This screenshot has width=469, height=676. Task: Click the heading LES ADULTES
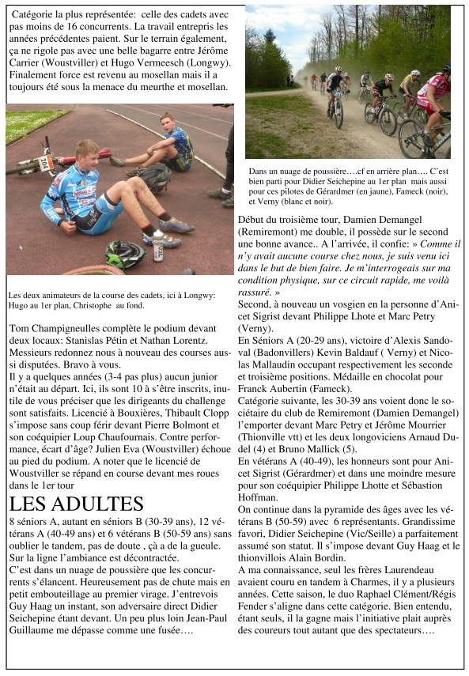(x=76, y=504)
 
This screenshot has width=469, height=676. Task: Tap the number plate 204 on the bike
(x=47, y=163)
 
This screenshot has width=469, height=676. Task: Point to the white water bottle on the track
(x=158, y=245)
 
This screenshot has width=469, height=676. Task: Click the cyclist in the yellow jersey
(x=410, y=88)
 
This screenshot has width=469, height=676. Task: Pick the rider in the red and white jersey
(x=433, y=103)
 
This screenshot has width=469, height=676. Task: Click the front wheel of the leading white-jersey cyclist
(x=339, y=115)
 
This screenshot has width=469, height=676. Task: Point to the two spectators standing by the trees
(x=302, y=79)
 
